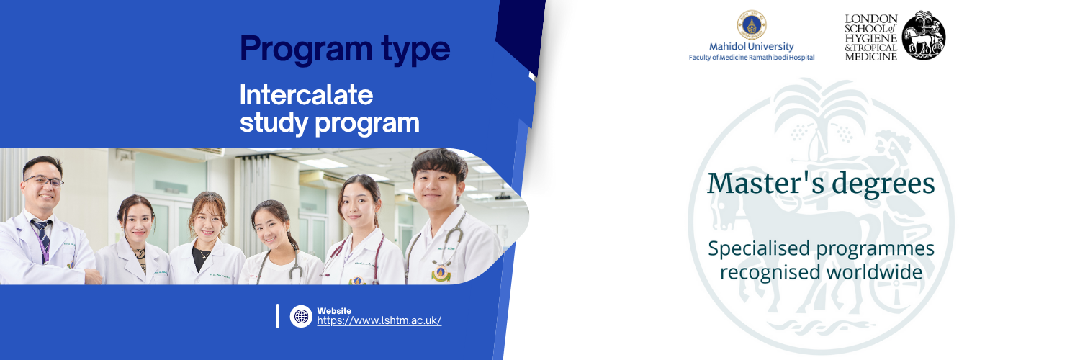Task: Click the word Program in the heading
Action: click(306, 50)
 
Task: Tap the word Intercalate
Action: click(306, 94)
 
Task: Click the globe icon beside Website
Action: click(302, 316)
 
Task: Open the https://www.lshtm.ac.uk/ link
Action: click(379, 320)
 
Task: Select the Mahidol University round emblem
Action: click(752, 24)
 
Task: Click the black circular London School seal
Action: click(924, 36)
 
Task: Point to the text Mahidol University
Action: click(751, 46)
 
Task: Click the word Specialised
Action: click(759, 249)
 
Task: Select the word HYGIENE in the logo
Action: click(870, 38)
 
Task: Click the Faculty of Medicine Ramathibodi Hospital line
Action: click(752, 58)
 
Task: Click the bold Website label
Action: click(334, 311)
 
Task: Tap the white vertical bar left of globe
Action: click(278, 316)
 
